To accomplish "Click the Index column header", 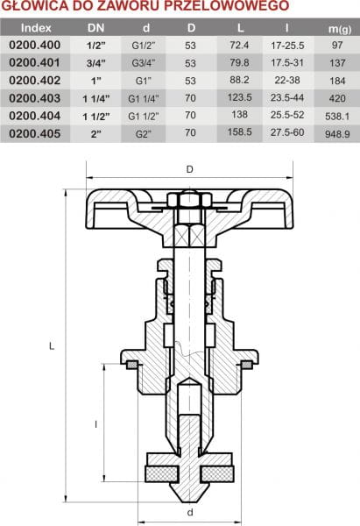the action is point(36,28).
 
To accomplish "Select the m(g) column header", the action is point(340,29).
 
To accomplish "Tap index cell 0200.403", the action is point(35,98).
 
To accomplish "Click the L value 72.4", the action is point(239,45).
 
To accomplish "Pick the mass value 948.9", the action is point(337,134).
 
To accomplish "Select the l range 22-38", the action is point(287,80).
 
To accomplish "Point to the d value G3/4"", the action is point(144,63).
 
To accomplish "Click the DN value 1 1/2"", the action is point(96,117).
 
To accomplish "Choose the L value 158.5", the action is point(239,131).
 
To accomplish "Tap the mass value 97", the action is point(337,45).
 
